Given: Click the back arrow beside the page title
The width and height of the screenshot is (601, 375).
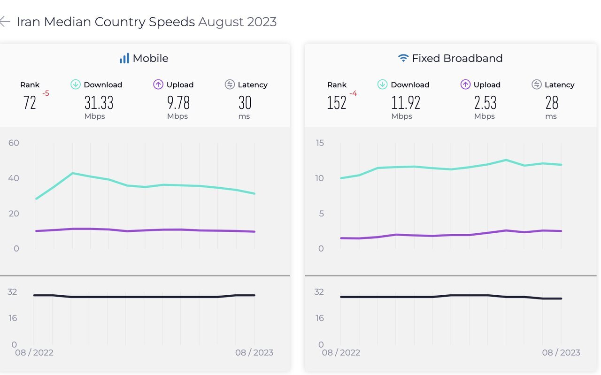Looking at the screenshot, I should click(4, 22).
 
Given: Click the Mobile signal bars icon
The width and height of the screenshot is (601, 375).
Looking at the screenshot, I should click(124, 58).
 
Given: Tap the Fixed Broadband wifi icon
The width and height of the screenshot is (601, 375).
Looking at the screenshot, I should click(403, 58).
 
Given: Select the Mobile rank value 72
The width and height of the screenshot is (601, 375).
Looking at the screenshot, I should click(30, 102).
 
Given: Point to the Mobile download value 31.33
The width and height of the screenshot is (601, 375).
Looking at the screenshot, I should click(99, 102).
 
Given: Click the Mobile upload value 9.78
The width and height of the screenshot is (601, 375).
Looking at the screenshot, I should click(178, 102).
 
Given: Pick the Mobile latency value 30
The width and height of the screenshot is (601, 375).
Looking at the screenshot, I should click(245, 102).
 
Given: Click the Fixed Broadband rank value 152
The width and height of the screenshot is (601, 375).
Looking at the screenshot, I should click(337, 102).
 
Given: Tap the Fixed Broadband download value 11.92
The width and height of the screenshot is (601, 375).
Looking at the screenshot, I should click(406, 102).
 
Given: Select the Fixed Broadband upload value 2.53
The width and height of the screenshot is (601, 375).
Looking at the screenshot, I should click(485, 102).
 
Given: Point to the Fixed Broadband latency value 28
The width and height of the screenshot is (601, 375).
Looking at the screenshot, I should click(552, 102).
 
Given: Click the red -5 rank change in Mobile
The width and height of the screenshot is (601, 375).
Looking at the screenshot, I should click(46, 93).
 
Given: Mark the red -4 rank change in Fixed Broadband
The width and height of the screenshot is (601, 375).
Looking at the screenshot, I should click(353, 93).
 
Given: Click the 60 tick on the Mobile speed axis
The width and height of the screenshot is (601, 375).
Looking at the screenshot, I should click(14, 143).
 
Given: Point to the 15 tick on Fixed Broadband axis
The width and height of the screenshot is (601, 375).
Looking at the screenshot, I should click(320, 143).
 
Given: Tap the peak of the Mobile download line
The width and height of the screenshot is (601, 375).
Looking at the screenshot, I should click(73, 173).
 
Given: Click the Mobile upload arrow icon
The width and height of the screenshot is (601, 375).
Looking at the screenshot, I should click(158, 84).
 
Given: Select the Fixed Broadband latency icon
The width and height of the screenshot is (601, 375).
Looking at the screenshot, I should click(536, 84).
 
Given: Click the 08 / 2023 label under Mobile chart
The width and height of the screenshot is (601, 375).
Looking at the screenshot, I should click(254, 352).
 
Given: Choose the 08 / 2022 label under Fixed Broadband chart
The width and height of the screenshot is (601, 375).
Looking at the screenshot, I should click(341, 352).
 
